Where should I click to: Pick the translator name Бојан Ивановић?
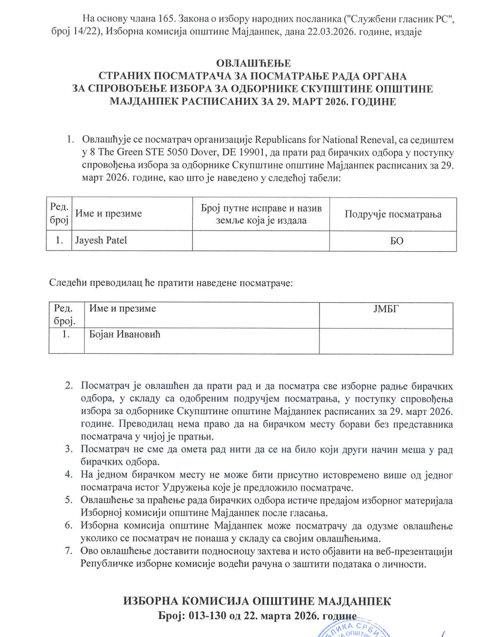pyautogui.click(x=129, y=335)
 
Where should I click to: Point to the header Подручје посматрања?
pyautogui.click(x=393, y=214)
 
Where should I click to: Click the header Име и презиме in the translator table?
pyautogui.click(x=123, y=309)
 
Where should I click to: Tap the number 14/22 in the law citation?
pyautogui.click(x=76, y=32)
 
